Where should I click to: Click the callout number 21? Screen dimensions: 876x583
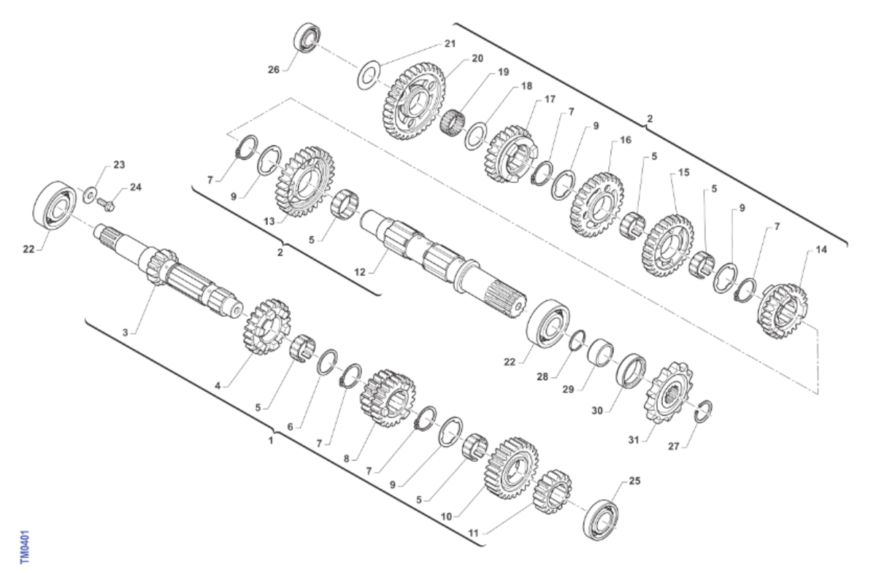click(450, 43)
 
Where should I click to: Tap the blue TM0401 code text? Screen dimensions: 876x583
click(25, 547)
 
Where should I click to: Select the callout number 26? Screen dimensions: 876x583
click(274, 69)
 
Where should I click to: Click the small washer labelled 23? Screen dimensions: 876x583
click(91, 195)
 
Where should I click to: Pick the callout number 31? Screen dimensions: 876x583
click(634, 440)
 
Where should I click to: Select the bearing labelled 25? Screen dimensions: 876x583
click(601, 520)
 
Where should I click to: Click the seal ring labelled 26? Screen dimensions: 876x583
click(307, 36)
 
